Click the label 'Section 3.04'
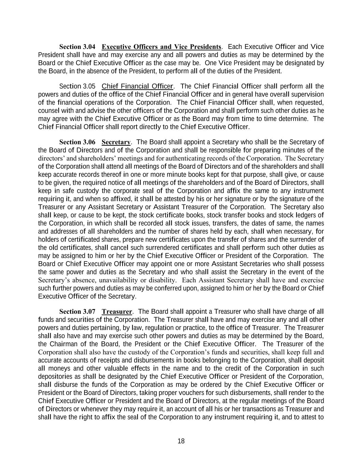(x=77, y=46)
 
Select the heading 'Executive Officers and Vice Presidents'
(x=161, y=46)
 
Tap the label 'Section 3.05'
(x=77, y=86)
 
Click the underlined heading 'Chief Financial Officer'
(x=138, y=86)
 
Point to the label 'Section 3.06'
(x=77, y=142)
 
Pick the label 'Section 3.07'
(x=77, y=311)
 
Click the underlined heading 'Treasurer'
(x=117, y=311)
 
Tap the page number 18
(x=181, y=441)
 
